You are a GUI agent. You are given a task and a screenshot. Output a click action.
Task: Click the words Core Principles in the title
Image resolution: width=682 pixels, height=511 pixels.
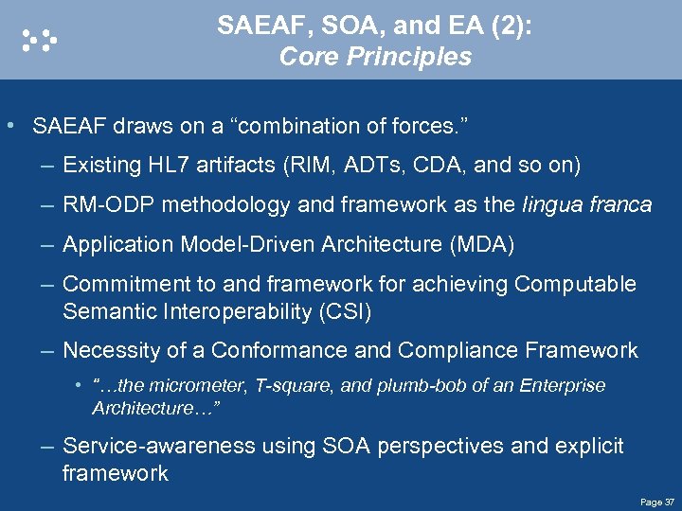click(x=375, y=58)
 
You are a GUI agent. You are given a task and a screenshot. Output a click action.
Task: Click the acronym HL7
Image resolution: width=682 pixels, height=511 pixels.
click(x=168, y=166)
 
